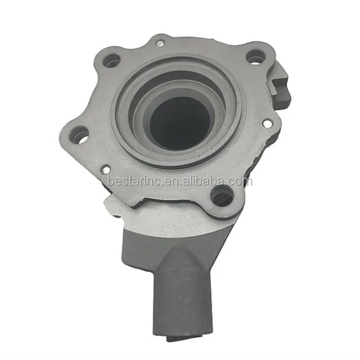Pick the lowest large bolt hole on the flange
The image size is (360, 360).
click(x=221, y=196)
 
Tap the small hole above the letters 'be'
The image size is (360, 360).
click(x=106, y=170)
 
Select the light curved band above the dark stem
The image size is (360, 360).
click(x=172, y=219)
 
